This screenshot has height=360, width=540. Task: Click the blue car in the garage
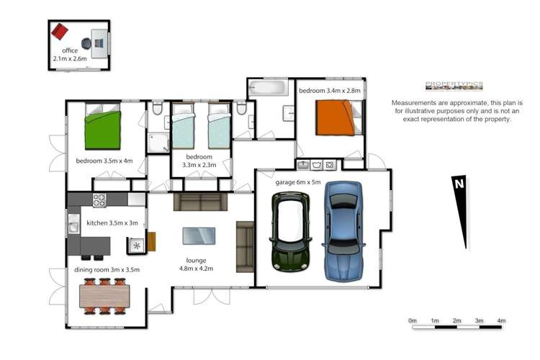tap(344, 230)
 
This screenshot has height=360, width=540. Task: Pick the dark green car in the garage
tap(290, 230)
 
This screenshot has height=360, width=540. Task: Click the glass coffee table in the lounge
tap(199, 236)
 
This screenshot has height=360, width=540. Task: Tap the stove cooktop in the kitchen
tap(99, 199)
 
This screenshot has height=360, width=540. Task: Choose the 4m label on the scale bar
tap(501, 320)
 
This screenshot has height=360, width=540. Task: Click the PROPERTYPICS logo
tap(454, 85)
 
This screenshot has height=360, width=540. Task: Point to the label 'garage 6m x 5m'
tap(297, 182)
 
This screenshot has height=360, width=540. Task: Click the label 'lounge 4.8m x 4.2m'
tap(195, 264)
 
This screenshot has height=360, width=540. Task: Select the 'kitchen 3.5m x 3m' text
tap(112, 223)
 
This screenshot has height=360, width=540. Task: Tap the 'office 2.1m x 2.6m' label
tap(70, 55)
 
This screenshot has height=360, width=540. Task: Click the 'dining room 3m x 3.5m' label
tap(106, 270)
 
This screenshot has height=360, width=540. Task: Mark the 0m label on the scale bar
tap(413, 320)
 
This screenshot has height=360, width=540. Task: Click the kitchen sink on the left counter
tap(73, 228)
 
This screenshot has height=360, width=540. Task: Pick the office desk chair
tap(86, 42)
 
